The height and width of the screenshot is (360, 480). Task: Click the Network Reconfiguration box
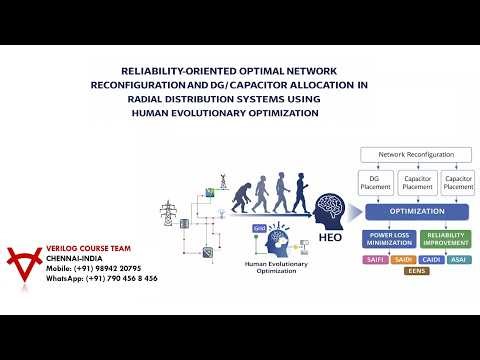tap(413, 156)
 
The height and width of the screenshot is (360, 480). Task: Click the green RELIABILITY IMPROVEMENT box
tap(444, 239)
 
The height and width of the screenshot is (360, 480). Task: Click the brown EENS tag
tap(417, 271)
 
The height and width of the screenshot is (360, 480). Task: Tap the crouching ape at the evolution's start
tap(240, 200)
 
